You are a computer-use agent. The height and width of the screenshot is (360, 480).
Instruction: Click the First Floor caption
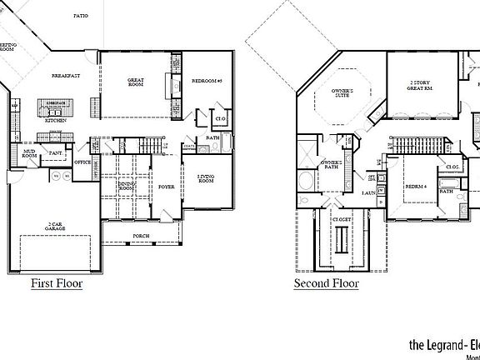tap(57, 283)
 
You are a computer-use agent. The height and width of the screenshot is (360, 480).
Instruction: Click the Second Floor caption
tap(326, 283)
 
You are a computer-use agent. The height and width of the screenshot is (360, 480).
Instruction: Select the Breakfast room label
tap(65, 75)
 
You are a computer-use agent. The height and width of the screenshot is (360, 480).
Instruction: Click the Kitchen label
tap(57, 120)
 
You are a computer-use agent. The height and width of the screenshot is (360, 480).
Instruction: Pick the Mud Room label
tap(28, 153)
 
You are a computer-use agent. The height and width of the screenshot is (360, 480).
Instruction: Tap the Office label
tap(82, 162)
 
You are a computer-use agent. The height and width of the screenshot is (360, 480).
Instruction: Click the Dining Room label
tap(127, 187)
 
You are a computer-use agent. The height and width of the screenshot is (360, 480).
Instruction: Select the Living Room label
tap(206, 179)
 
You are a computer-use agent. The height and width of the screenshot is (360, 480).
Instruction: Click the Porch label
tap(142, 236)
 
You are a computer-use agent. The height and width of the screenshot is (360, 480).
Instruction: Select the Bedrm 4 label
tap(417, 185)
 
